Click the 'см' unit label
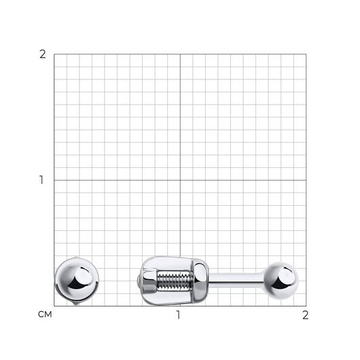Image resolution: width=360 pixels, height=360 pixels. [45, 314]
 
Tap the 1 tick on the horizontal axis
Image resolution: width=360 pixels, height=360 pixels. [179, 315]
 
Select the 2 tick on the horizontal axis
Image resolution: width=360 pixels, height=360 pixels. [305, 315]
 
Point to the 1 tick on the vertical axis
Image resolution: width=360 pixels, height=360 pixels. [41, 180]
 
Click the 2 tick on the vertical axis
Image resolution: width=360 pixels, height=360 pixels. [43, 54]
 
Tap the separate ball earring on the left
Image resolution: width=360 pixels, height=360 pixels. [77, 281]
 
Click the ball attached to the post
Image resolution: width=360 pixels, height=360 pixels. [281, 281]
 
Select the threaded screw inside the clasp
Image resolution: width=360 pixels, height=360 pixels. [175, 281]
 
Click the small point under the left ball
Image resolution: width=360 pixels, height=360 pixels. [75, 304]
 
